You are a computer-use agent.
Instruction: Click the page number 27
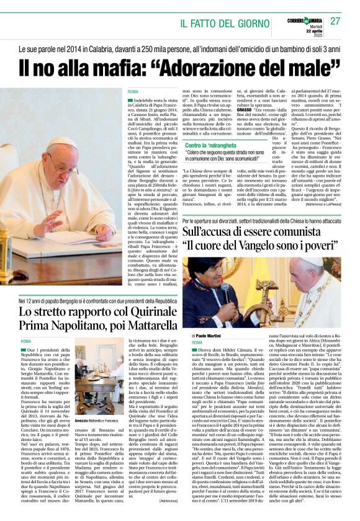point(335,20)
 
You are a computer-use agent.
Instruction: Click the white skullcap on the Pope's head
point(61,143)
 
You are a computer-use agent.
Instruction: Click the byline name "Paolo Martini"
point(210,336)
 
